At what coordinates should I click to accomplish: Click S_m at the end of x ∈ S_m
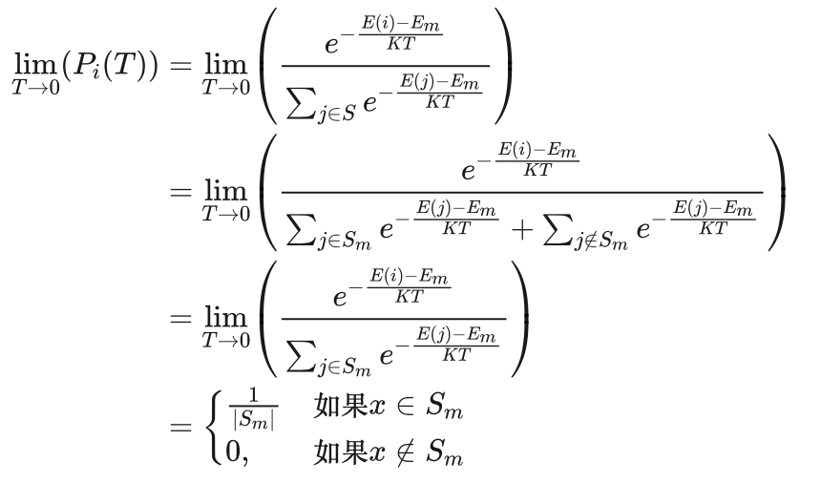coord(445,408)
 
